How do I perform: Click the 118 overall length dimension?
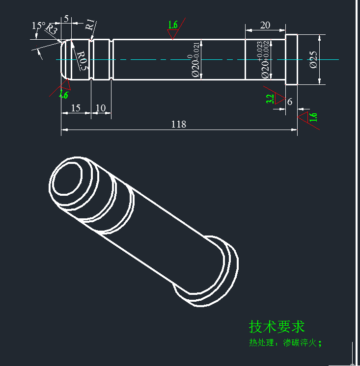[x=178, y=124]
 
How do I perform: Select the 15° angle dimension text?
[x=38, y=26]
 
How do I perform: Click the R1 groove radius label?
[x=91, y=25]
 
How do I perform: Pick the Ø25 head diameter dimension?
[x=313, y=59]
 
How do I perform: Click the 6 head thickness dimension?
[x=290, y=102]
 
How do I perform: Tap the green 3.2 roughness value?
[x=270, y=99]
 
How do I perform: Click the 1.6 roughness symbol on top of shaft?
[x=172, y=26]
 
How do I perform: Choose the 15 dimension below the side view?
[x=76, y=108]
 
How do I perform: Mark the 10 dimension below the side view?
[x=101, y=108]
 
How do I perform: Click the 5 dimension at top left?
[x=66, y=19]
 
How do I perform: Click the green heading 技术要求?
[x=277, y=326]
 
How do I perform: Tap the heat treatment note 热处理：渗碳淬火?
[x=285, y=343]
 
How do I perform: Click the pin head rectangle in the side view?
[x=291, y=59]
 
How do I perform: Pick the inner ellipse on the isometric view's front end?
[x=67, y=179]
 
